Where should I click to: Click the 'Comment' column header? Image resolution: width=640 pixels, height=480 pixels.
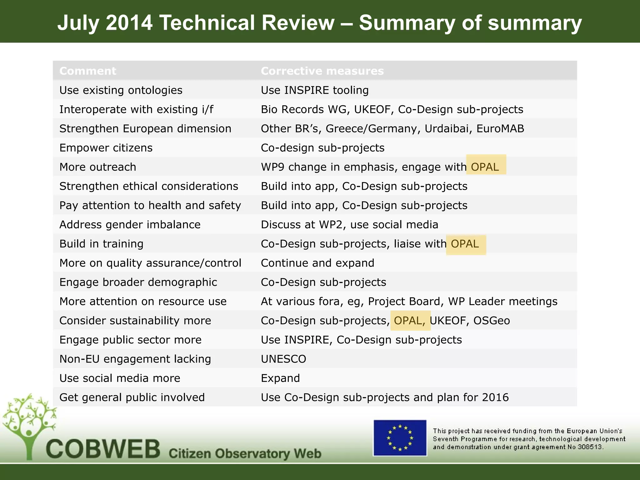pos(88,71)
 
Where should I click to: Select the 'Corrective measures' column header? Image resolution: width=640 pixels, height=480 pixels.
pos(322,71)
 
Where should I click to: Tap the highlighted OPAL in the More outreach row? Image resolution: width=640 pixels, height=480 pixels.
pos(485,167)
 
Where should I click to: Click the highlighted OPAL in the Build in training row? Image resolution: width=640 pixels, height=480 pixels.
pos(465,244)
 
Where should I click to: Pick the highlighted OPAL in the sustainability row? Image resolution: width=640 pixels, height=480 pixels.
pos(409,321)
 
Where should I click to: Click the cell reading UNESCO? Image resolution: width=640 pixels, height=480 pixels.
pos(283,359)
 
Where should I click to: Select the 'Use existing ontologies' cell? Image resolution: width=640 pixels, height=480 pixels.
pos(121,90)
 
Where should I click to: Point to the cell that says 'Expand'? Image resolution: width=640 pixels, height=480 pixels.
pos(280,378)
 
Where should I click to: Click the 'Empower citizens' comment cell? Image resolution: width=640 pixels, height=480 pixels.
pos(106,148)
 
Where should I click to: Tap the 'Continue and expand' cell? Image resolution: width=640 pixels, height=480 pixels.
pos(317,263)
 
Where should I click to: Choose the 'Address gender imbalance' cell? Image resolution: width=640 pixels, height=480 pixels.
pos(130,225)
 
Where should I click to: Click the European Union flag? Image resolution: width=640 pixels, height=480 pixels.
pos(400,438)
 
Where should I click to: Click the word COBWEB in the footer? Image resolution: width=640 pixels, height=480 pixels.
pos(103,449)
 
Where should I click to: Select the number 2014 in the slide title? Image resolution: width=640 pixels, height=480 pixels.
pos(129,23)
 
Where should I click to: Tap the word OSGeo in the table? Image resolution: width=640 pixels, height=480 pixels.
pos(492,321)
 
